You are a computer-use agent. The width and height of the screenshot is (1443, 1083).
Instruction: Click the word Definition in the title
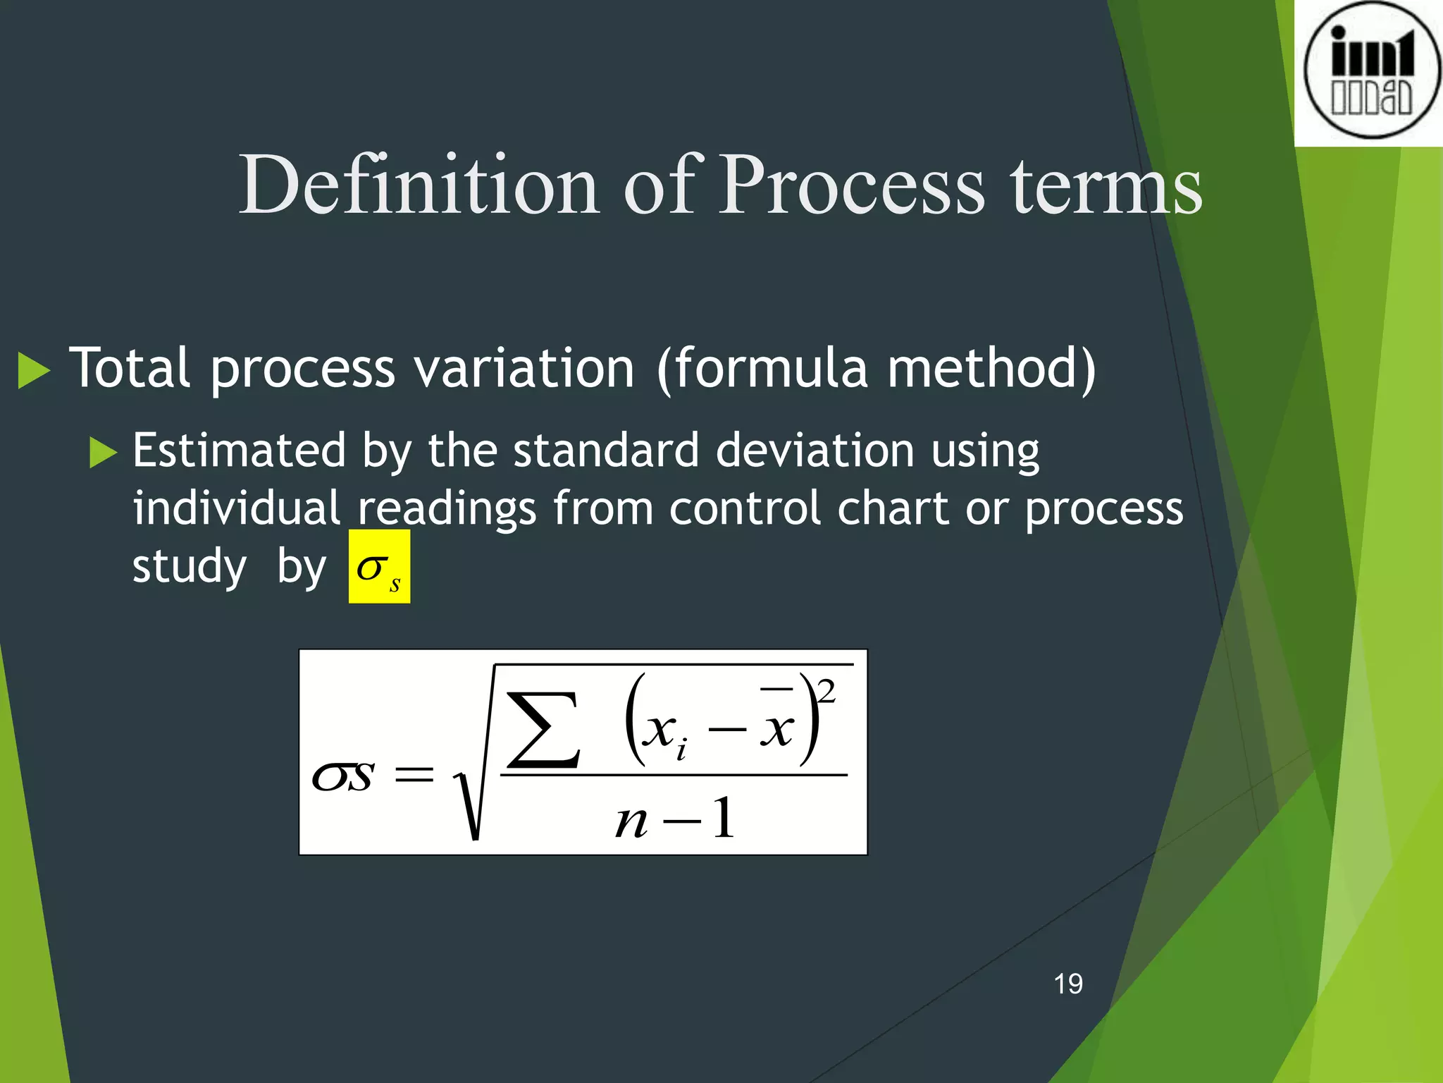click(419, 185)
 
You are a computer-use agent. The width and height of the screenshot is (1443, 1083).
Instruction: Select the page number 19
click(1068, 984)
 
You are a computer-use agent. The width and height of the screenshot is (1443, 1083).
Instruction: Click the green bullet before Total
click(33, 369)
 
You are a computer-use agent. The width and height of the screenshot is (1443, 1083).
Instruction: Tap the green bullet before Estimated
click(103, 452)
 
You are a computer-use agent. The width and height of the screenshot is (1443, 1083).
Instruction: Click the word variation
click(524, 368)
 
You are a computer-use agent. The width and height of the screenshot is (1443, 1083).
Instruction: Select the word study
click(190, 567)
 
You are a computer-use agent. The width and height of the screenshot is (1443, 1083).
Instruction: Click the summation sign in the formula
click(543, 730)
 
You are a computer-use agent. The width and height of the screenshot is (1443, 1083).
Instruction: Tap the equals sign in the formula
click(414, 776)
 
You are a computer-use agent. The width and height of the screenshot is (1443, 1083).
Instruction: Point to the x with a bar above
click(777, 728)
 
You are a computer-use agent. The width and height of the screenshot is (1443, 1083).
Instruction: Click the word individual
click(237, 508)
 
